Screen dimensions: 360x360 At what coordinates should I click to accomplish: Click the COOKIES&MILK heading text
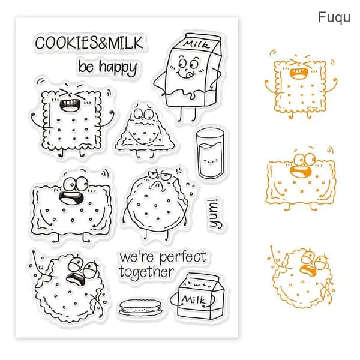click(x=89, y=43)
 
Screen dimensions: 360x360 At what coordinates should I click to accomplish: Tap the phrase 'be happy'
click(x=107, y=67)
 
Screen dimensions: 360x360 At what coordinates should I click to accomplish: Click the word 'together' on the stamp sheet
click(x=146, y=272)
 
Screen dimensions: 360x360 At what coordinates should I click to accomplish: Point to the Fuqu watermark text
click(x=334, y=17)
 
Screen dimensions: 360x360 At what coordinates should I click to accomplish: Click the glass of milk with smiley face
click(x=210, y=153)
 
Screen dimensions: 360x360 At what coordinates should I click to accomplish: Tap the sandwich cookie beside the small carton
click(x=141, y=307)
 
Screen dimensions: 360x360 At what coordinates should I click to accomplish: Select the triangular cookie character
click(x=145, y=130)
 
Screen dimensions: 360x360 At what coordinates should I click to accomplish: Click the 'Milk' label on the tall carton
click(x=196, y=44)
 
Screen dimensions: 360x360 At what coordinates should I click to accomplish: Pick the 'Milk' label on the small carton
click(x=193, y=299)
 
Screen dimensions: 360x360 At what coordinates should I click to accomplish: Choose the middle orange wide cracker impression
click(x=301, y=179)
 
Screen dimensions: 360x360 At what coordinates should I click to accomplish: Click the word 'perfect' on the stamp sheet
click(x=183, y=257)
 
